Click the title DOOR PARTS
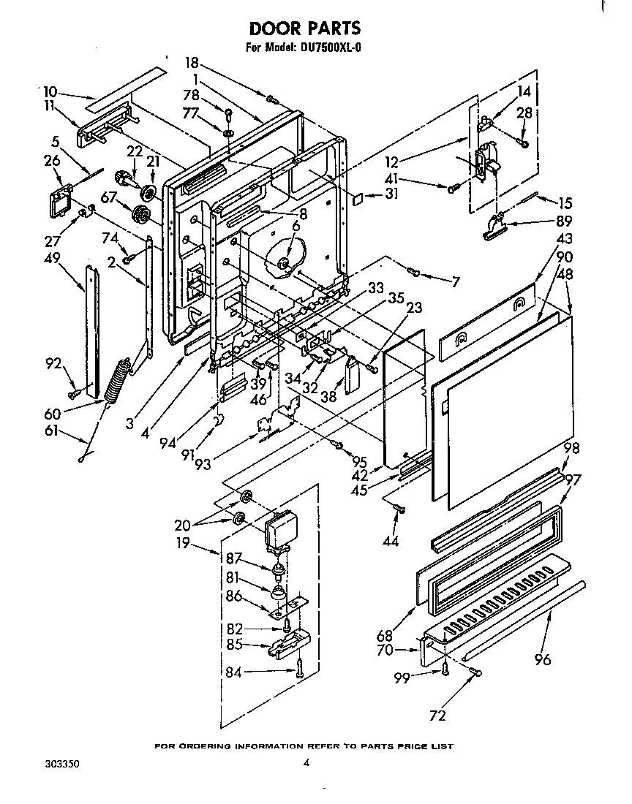coord(305,29)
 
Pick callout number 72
coord(437,716)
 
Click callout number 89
coord(564,221)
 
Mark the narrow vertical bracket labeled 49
coord(91,333)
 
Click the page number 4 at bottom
coord(306,764)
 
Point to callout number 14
coord(524,91)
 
